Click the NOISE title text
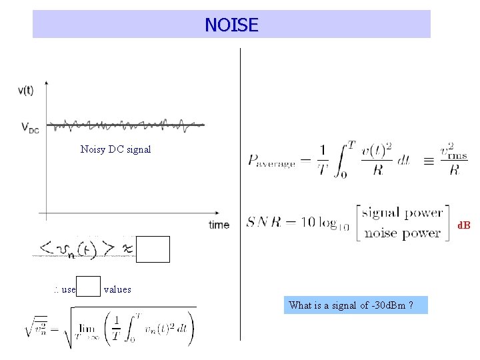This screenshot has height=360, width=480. pos(231,25)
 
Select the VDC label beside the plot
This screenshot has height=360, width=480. pos(30,127)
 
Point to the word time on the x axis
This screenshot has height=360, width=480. pos(219,225)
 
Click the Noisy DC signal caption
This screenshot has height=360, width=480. pos(115,149)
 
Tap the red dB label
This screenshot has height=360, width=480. pos(463,225)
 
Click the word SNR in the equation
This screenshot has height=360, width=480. pos(265,221)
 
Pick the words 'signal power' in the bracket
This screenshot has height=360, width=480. pos(402,213)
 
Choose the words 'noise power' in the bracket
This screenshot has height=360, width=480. pos(402,233)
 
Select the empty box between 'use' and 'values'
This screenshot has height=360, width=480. pos(89,286)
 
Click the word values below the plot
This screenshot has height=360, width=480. pos(117,289)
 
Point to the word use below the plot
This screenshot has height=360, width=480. pos(67,290)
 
